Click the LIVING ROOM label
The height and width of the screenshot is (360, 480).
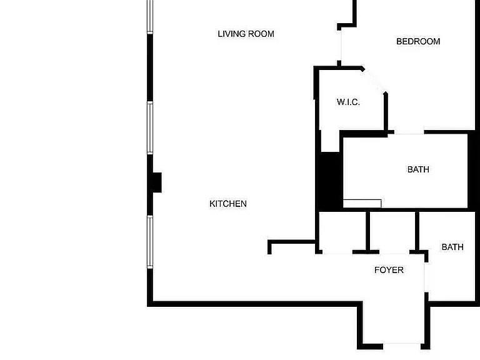tap(246, 34)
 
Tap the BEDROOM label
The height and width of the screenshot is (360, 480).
tap(418, 41)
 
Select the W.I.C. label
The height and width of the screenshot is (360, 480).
tap(348, 102)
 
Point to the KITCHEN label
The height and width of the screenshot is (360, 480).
tap(227, 204)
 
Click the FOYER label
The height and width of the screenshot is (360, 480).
tap(389, 270)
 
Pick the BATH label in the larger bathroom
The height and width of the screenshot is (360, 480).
tap(418, 169)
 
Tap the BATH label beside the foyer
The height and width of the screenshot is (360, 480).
tap(452, 247)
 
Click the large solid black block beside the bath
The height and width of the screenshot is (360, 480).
tap(329, 181)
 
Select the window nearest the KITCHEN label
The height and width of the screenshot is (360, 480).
tap(150, 241)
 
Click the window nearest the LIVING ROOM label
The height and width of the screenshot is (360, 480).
tap(150, 16)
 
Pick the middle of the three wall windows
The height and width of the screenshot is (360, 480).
tap(150, 127)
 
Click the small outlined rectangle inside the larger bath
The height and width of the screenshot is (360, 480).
tap(362, 203)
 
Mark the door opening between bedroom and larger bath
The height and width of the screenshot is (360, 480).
tap(406, 132)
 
